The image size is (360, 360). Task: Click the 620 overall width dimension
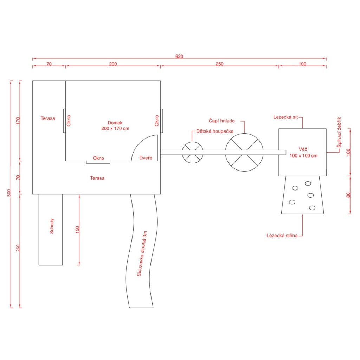(179, 56)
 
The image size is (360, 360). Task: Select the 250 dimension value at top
(219, 64)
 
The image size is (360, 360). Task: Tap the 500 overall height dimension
(9, 193)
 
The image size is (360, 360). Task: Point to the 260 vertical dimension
(18, 248)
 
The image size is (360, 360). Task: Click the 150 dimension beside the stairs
(77, 230)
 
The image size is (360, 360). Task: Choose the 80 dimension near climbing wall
(348, 195)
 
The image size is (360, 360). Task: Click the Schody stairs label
(52, 226)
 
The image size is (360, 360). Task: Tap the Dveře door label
(146, 158)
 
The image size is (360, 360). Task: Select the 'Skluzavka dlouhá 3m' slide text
(142, 253)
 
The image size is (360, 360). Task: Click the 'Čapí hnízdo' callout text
(221, 121)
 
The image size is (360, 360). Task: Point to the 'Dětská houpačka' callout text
(215, 131)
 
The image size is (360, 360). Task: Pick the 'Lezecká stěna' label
(282, 236)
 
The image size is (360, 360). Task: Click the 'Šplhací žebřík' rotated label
(339, 132)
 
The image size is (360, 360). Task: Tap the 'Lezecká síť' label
(286, 117)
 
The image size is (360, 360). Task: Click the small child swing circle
(193, 142)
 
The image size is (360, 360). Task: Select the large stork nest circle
(244, 133)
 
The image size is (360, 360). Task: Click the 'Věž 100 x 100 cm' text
(303, 153)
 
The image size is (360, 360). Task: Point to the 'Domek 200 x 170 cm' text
(115, 126)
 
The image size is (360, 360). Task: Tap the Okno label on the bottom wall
(98, 158)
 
